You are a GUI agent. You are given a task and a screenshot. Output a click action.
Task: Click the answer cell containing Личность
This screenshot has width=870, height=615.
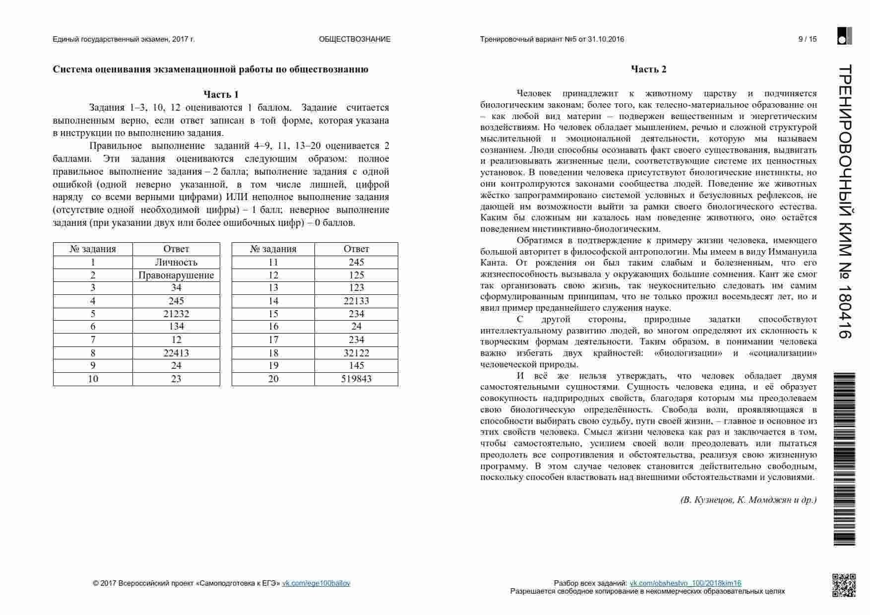[176, 262]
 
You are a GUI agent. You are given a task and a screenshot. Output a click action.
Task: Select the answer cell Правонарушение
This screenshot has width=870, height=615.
[176, 275]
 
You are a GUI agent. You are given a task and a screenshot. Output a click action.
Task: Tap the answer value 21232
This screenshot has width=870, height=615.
[176, 314]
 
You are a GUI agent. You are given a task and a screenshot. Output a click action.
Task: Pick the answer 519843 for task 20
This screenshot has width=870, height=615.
[356, 379]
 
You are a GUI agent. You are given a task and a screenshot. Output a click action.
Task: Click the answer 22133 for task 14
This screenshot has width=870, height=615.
[356, 301]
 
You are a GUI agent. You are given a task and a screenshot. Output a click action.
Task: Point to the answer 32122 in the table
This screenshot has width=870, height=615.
[356, 353]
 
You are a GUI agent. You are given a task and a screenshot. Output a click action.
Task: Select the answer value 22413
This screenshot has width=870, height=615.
[176, 353]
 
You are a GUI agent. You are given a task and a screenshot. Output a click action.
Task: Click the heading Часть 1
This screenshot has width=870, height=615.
[221, 94]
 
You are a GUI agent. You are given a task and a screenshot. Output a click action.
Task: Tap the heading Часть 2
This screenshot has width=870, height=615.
[648, 69]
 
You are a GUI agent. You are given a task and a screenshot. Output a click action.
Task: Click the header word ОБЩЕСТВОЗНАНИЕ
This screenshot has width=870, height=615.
[355, 39]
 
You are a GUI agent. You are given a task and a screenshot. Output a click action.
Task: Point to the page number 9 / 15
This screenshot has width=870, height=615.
[808, 39]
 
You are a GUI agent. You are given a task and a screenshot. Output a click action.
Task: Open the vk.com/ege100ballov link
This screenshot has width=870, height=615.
[316, 583]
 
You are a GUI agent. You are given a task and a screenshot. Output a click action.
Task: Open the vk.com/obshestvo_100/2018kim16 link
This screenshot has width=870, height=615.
[685, 583]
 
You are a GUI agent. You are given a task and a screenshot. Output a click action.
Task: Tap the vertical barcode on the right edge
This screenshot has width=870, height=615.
[845, 459]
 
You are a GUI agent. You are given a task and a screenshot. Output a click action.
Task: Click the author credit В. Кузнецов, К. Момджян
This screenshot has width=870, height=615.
[748, 500]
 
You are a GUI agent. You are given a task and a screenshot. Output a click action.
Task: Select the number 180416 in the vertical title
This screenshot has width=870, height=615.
[845, 312]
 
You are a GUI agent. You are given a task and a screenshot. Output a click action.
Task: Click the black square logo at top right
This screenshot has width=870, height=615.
[844, 36]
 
